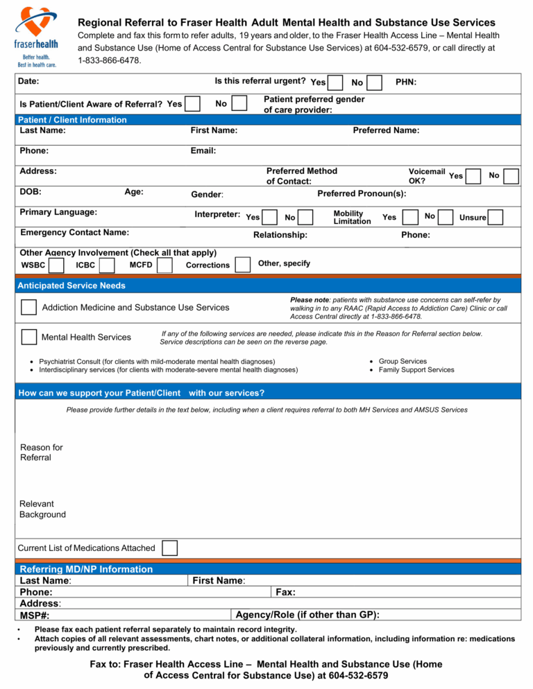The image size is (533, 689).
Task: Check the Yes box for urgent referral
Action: tap(335, 83)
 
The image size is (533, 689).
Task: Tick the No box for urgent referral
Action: tap(374, 83)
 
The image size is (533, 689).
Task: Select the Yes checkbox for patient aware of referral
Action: tap(193, 104)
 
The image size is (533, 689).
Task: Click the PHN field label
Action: tap(406, 82)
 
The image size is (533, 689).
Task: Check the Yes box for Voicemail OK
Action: tap(473, 176)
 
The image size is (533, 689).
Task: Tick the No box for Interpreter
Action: tap(305, 218)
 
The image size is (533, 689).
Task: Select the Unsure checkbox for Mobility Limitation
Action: tap(496, 218)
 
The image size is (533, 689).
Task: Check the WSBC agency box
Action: tap(57, 265)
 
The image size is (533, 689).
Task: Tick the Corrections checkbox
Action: tap(243, 265)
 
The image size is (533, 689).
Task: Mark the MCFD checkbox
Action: tap(164, 265)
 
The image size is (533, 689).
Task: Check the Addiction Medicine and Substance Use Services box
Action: tap(28, 307)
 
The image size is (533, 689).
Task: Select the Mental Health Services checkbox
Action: tap(28, 337)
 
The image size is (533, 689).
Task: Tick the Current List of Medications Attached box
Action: tap(169, 548)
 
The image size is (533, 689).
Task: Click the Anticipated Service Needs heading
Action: tap(72, 286)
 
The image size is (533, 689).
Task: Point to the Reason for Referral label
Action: tap(42, 453)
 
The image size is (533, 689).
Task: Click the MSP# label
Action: tap(35, 616)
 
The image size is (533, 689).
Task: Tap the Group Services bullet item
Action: tap(403, 361)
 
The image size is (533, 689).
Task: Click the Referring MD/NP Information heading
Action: tap(86, 569)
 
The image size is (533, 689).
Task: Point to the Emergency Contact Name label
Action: tap(75, 233)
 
